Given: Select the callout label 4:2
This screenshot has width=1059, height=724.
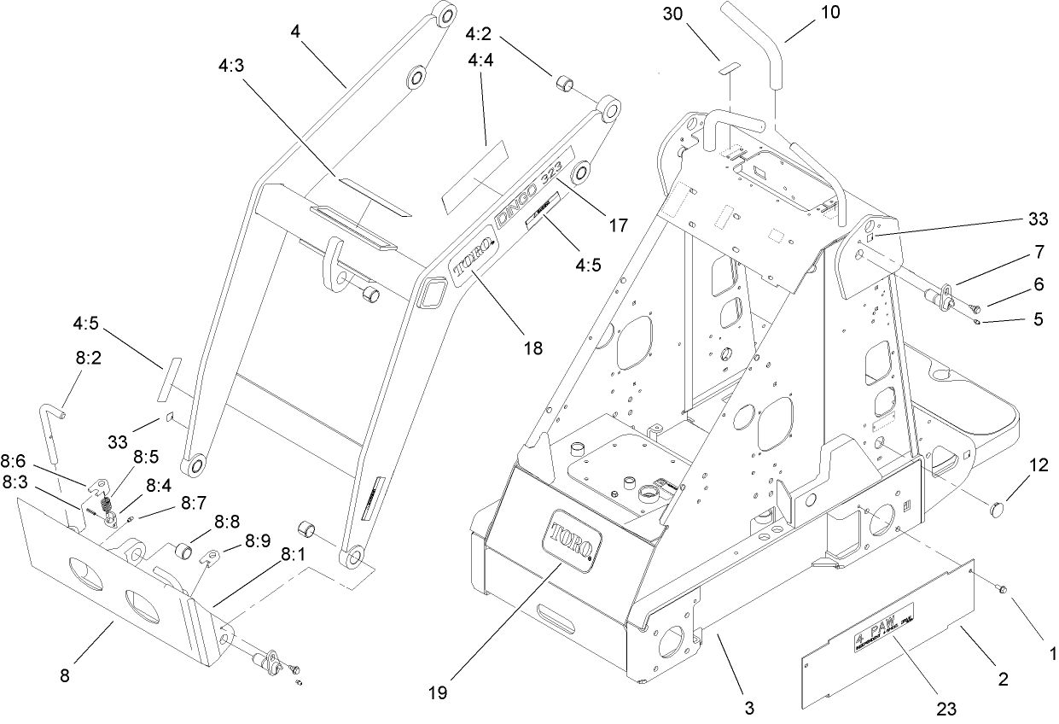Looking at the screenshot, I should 478,35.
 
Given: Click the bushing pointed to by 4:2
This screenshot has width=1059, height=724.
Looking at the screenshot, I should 564,85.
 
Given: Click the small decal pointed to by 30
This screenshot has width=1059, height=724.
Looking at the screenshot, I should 729,67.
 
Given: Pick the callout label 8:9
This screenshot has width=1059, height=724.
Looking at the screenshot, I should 258,540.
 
